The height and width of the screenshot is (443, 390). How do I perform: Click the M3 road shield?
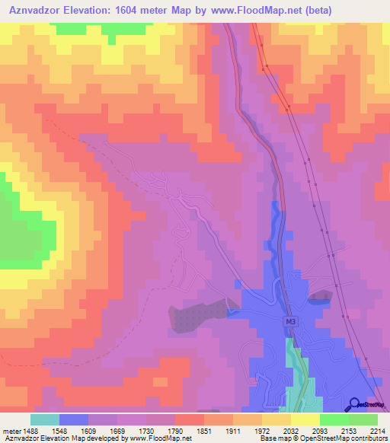(x=289, y=321)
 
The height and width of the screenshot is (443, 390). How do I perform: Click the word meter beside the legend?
(x=11, y=430)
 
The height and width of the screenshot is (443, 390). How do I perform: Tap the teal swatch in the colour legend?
(x=45, y=419)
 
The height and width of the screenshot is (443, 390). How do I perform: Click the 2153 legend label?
(x=348, y=430)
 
